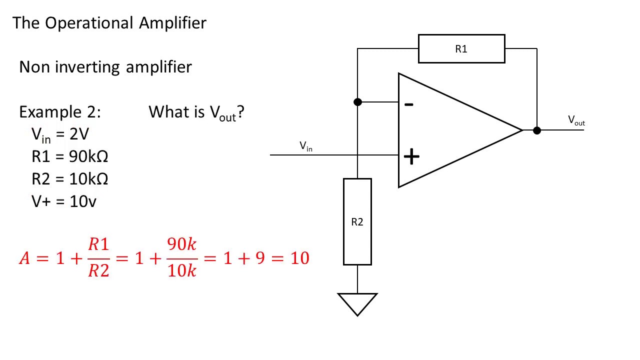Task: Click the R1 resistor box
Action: point(461,49)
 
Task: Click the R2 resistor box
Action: point(357,221)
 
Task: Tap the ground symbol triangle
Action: point(357,303)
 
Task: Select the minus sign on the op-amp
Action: point(409,104)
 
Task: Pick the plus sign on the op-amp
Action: point(411,157)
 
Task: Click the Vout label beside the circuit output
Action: point(576,120)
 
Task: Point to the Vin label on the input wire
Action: point(305,146)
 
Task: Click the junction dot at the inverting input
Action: point(357,102)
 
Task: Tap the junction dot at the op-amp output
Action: point(536,130)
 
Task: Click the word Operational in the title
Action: point(89,23)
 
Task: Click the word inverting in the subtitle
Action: point(87,67)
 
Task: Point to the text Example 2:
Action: point(59,112)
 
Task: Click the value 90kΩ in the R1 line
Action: point(88,156)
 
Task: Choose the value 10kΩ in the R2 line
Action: point(88,179)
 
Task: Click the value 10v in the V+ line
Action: point(83,201)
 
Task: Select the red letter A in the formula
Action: point(24,258)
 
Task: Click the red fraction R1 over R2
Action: point(98,257)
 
